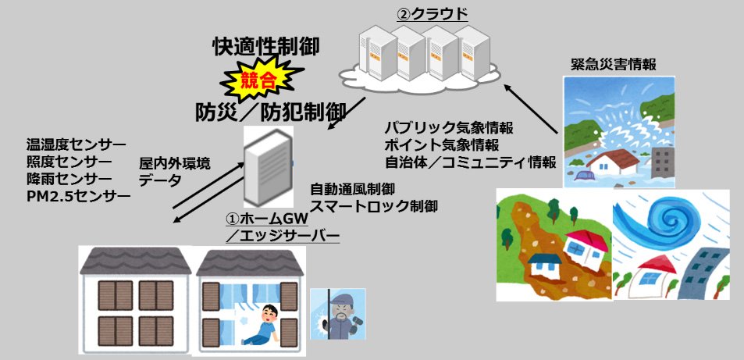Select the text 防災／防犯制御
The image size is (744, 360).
270,113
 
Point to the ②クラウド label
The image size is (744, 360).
433,14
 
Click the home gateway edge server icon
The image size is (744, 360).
268,167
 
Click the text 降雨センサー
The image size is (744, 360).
69,178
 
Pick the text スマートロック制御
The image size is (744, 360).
373,207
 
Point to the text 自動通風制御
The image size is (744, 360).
353,190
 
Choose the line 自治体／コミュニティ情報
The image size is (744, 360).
470,162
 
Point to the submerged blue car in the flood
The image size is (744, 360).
584,176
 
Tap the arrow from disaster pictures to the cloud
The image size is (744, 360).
531,108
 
